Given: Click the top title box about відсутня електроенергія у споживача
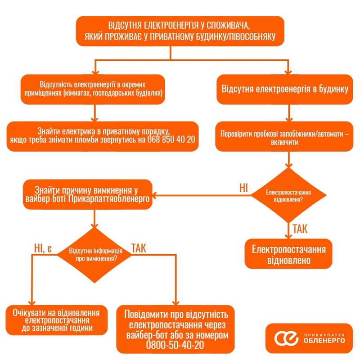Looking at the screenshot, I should pos(180,31).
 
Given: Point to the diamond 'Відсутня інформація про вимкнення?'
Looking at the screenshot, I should pos(94,255).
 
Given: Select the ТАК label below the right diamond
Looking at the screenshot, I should pos(300,228).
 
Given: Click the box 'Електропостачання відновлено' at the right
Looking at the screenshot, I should pos(289,255).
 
